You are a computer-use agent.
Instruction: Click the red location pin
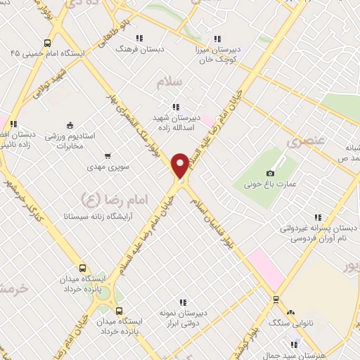click(180, 167)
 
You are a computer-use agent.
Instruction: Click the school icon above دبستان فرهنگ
click(139, 38)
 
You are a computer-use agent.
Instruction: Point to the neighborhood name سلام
click(168, 82)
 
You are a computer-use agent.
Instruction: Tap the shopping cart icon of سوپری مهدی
click(108, 156)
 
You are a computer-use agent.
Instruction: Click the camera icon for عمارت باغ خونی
click(271, 174)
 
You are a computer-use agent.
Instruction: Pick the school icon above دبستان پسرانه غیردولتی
click(318, 218)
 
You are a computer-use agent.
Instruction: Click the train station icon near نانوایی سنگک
click(275, 299)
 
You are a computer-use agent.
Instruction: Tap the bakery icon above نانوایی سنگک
click(291, 312)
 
